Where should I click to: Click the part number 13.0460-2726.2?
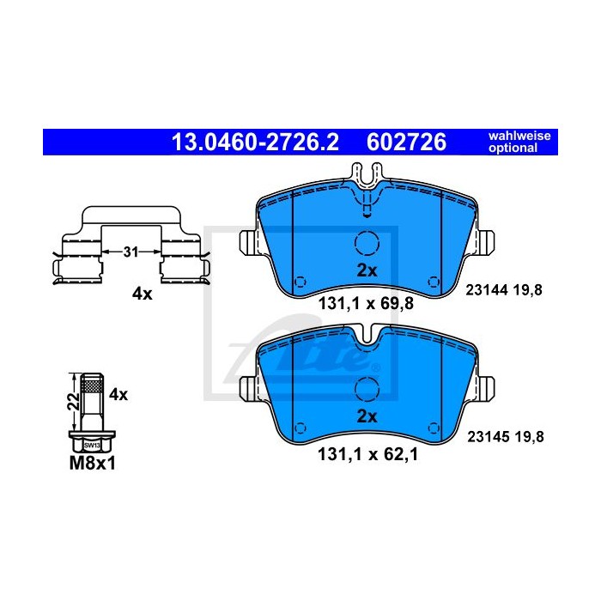coord(255,142)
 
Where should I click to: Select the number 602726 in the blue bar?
coord(406,142)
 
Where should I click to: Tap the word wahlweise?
coord(519,136)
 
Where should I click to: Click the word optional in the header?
coord(513,148)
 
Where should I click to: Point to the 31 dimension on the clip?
coord(131,252)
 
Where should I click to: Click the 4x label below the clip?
coord(143,294)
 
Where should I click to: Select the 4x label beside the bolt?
coord(118,394)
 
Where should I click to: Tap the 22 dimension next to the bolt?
coord(73,401)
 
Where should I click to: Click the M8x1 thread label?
coord(93,464)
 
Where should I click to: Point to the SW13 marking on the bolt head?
coord(92,446)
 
